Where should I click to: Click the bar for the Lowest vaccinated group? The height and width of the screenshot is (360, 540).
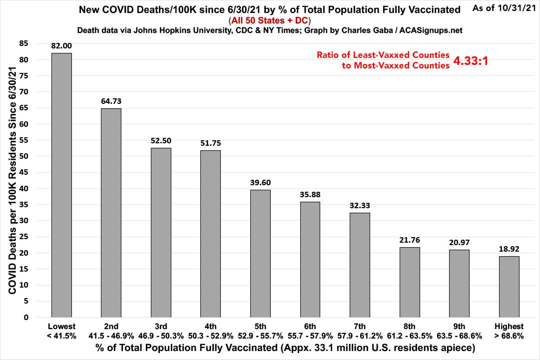point(61,185)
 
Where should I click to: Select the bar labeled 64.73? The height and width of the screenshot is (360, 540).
point(111,213)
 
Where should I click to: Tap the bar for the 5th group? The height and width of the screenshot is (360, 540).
point(260,253)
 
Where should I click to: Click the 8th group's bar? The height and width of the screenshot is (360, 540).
point(410,282)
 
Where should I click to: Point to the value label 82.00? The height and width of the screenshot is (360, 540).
point(61,46)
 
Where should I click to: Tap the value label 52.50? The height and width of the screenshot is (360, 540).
point(161,141)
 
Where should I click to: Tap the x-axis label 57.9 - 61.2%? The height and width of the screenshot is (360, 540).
point(360,336)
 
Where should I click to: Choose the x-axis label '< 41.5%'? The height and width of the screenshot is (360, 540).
point(61,336)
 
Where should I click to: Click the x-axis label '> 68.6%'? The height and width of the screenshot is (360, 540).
point(509,336)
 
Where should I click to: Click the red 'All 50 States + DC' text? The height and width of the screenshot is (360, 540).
point(270,21)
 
